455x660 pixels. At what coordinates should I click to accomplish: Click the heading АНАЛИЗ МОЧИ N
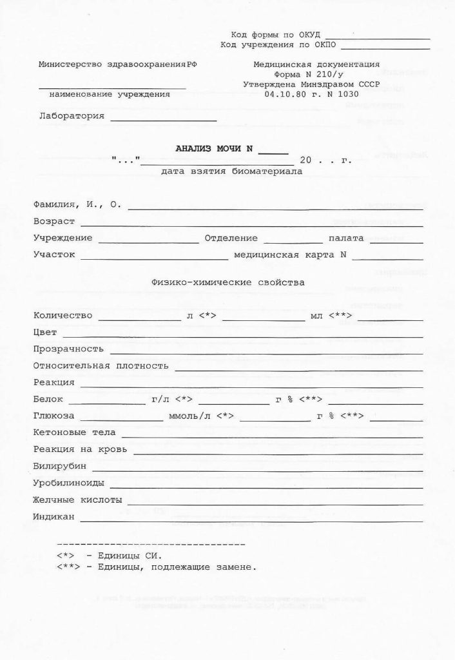pyautogui.click(x=213, y=149)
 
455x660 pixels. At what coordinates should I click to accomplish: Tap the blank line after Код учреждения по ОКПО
pyautogui.click(x=385, y=48)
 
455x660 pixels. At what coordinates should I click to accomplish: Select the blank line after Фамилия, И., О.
pyautogui.click(x=275, y=209)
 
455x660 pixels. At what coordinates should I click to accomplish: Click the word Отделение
pyautogui.click(x=231, y=238)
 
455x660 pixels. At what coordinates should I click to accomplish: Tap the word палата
pyautogui.click(x=346, y=238)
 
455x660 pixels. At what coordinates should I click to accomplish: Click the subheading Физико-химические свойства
pyautogui.click(x=227, y=282)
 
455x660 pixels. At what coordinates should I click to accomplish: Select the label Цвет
pyautogui.click(x=45, y=333)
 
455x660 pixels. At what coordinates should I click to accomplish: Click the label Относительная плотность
pyautogui.click(x=101, y=366)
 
